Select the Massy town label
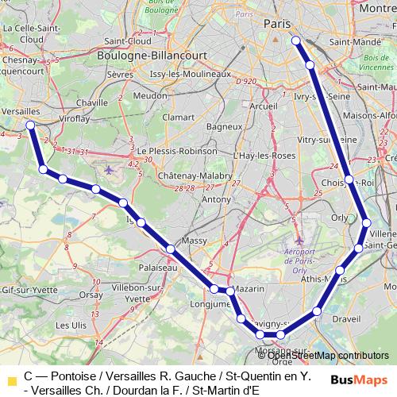[x=195, y=240]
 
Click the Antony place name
[x=216, y=199]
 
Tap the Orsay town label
[x=91, y=294]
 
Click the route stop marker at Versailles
[x=30, y=125]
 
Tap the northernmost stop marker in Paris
[x=295, y=40]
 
